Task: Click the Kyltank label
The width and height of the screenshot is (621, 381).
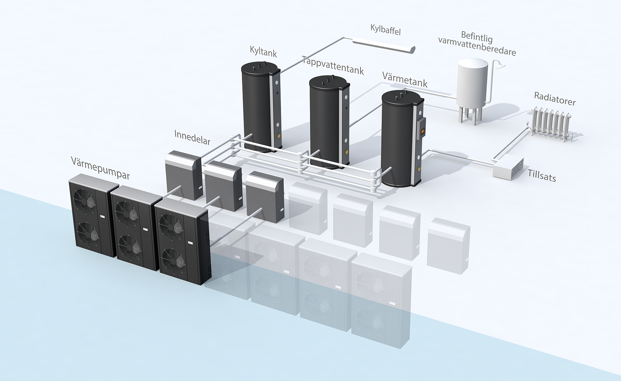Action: pyautogui.click(x=263, y=51)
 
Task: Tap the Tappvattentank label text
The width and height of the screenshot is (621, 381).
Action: pyautogui.click(x=333, y=65)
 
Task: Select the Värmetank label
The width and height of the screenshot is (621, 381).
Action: pyautogui.click(x=405, y=80)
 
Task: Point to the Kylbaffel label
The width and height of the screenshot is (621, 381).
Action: pyautogui.click(x=386, y=30)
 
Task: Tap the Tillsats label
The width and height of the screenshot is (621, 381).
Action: pyautogui.click(x=541, y=175)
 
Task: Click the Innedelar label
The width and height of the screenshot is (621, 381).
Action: pyautogui.click(x=192, y=137)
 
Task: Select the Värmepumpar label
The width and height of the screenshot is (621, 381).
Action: pyautogui.click(x=100, y=168)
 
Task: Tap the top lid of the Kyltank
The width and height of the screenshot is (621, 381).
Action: pyautogui.click(x=260, y=67)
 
